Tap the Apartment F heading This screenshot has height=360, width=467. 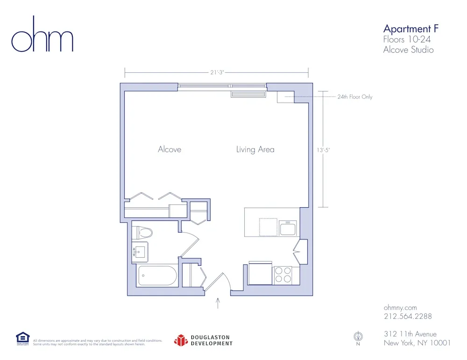tap(410, 29)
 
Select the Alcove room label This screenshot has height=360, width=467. tap(170, 149)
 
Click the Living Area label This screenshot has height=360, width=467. tap(255, 149)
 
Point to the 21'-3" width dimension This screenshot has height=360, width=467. tap(216, 72)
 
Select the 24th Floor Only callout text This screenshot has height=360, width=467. tap(355, 97)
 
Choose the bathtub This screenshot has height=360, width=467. tap(157, 275)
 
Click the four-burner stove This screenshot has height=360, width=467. tap(283, 275)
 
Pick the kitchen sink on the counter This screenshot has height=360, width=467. tap(288, 229)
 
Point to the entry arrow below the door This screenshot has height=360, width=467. tap(218, 304)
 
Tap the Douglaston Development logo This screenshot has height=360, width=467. tap(203, 340)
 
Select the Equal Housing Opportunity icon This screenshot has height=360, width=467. tap(22, 338)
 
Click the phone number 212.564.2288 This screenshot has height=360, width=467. tap(407, 316)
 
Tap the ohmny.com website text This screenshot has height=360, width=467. tap(400, 307)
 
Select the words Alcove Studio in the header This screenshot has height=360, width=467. tap(408, 49)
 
